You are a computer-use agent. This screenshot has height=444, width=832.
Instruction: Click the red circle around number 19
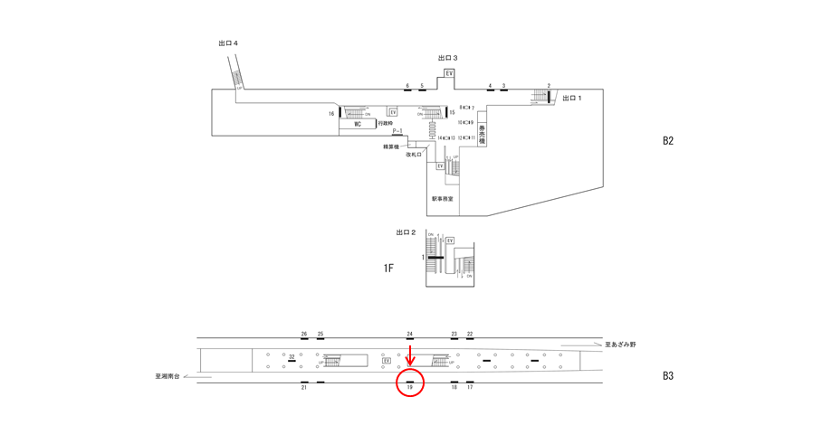pyautogui.click(x=410, y=385)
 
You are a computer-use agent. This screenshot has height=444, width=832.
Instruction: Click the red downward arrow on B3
pyautogui.click(x=410, y=354)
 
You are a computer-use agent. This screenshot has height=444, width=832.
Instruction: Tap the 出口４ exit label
pyautogui.click(x=228, y=43)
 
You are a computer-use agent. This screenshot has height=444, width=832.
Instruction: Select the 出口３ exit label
pyautogui.click(x=447, y=58)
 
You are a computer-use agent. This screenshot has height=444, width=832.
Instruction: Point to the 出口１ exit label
pyautogui.click(x=572, y=98)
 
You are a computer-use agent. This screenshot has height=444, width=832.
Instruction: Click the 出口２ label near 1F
pyautogui.click(x=406, y=232)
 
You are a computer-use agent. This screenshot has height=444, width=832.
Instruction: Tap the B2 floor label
pyautogui.click(x=668, y=141)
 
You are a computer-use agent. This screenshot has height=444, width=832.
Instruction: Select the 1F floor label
pyautogui.click(x=388, y=268)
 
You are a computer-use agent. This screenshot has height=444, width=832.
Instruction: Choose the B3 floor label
pyautogui.click(x=668, y=375)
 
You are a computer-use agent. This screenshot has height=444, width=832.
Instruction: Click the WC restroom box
pyautogui.click(x=357, y=125)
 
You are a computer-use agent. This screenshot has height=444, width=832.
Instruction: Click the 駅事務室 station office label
pyautogui.click(x=442, y=199)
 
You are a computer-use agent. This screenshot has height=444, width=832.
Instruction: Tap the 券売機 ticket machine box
pyautogui.click(x=483, y=135)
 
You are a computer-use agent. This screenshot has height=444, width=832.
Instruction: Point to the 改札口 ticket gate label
pyautogui.click(x=414, y=155)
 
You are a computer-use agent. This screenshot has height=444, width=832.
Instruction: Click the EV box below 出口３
pyautogui.click(x=449, y=73)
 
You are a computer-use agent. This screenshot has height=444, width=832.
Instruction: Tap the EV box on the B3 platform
pyautogui.click(x=387, y=361)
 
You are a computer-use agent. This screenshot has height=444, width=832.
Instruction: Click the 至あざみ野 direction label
pyautogui.click(x=621, y=345)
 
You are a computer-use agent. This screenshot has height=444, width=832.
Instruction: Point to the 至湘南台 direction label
pyautogui.click(x=168, y=376)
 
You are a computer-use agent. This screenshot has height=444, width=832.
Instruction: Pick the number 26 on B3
pyautogui.click(x=304, y=334)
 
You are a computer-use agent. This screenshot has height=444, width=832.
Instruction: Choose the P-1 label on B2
pyautogui.click(x=397, y=131)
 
